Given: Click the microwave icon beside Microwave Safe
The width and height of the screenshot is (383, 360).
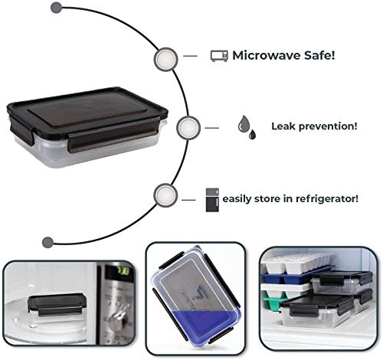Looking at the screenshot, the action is click(x=219, y=56).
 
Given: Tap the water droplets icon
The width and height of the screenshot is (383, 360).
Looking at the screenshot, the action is click(x=247, y=127).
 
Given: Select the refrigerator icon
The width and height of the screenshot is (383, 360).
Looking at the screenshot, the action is click(x=212, y=200).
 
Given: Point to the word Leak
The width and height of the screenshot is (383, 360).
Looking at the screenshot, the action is click(x=283, y=126).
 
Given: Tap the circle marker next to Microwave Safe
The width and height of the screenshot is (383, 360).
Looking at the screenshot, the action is click(x=165, y=60).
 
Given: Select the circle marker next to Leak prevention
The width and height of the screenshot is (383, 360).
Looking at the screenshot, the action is click(x=188, y=128).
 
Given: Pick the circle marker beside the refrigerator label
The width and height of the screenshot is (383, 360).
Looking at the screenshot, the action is click(x=165, y=195).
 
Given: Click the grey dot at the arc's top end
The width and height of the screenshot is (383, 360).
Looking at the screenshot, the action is click(x=57, y=8).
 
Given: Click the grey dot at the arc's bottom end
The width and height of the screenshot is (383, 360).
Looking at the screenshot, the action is click(x=47, y=242).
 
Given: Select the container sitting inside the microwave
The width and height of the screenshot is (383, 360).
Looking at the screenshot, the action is click(x=57, y=306).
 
